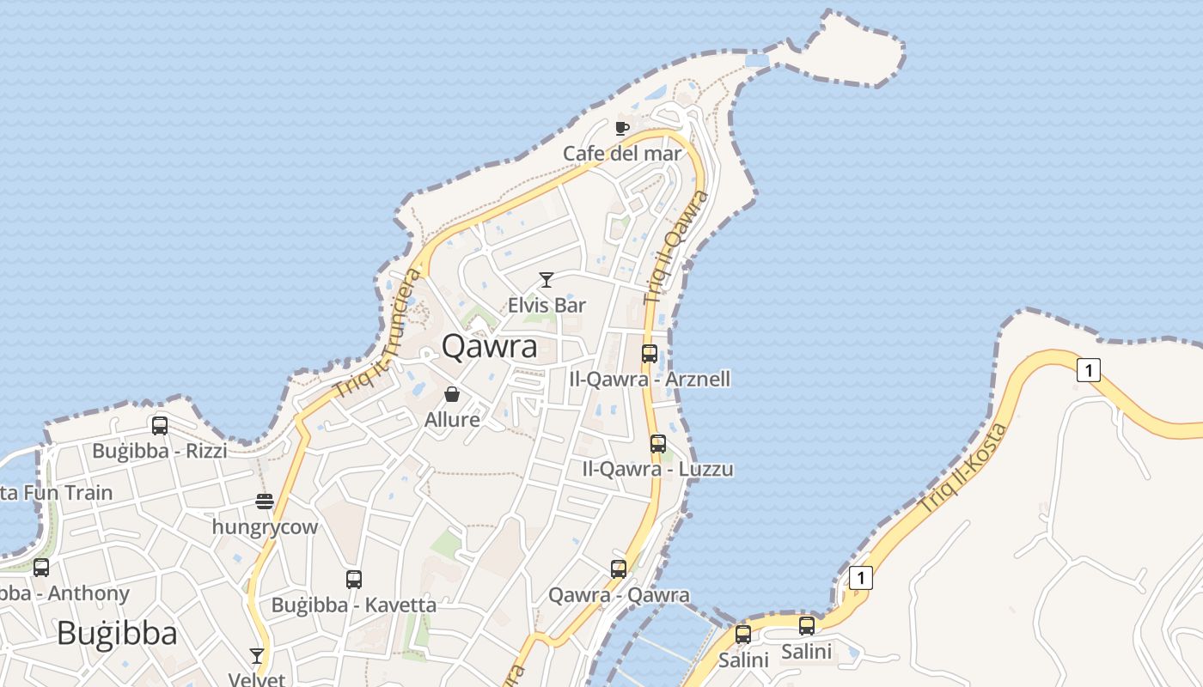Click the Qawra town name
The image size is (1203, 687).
point(489,346)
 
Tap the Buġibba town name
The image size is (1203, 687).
point(117,633)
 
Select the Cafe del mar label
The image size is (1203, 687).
point(622,154)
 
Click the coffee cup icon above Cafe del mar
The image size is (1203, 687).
point(622,129)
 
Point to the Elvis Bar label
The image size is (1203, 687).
point(547,305)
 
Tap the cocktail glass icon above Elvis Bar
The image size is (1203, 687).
point(546,280)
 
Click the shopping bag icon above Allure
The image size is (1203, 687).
point(452,394)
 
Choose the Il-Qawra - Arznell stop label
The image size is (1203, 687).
point(650,379)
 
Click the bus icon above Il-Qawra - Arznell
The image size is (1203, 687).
point(650,354)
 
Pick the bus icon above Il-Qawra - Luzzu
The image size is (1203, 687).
point(658,444)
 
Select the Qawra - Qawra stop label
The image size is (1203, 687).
point(619,594)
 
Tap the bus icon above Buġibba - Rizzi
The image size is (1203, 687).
point(160,425)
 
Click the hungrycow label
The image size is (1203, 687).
point(265,526)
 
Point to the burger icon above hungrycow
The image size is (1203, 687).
point(265,502)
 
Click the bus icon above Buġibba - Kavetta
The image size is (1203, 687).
point(354,580)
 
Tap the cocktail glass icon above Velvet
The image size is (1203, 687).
point(257,656)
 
